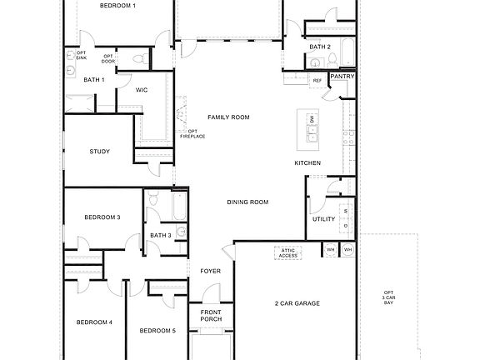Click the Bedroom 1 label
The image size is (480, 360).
[117, 6]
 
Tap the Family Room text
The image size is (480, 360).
[228, 117]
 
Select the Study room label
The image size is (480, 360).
[99, 151]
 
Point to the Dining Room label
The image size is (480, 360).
[247, 202]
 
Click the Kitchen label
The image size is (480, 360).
[307, 162]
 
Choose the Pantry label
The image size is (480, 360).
[342, 77]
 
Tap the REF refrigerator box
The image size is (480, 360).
[317, 81]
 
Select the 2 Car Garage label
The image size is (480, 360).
[297, 303]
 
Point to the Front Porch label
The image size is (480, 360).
[211, 315]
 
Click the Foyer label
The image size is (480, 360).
[210, 272]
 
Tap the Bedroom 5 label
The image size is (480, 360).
[157, 331]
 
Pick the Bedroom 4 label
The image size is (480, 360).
[94, 322]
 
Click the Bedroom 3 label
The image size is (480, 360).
[102, 217]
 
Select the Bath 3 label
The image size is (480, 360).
[160, 236]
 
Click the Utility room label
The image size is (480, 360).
[323, 219]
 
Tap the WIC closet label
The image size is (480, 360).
[142, 90]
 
